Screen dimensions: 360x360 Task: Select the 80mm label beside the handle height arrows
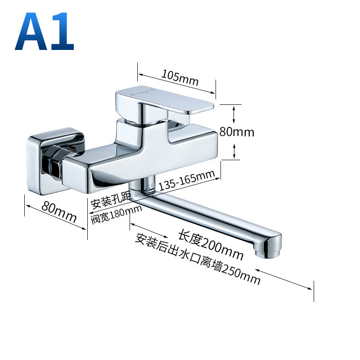237,132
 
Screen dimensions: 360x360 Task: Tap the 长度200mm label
211,245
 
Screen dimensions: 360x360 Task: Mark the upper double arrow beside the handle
234,115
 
